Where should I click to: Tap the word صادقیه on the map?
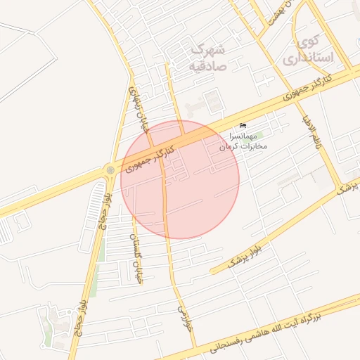[x=206, y=66]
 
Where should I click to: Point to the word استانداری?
[x=308, y=57]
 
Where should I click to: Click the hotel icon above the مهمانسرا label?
[x=243, y=125]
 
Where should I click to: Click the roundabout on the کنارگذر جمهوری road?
[x=110, y=170]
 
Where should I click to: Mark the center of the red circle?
[x=180, y=179]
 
